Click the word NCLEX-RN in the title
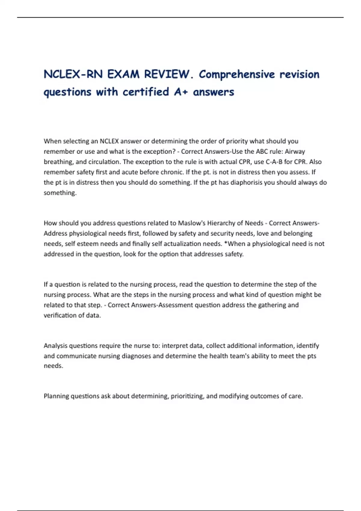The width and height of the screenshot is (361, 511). [x=73, y=74]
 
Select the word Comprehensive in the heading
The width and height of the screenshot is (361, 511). [x=237, y=74]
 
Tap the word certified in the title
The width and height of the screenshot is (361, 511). [x=146, y=92]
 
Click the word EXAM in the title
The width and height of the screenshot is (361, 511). [x=123, y=74]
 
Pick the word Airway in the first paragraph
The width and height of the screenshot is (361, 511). [x=295, y=151]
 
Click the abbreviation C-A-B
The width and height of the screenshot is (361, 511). [x=274, y=162]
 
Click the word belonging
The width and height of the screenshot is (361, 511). [x=298, y=234]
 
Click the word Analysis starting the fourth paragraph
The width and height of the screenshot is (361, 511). [x=55, y=346]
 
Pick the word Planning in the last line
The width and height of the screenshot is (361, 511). [x=56, y=396]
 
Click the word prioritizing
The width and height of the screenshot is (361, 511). [x=188, y=396]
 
